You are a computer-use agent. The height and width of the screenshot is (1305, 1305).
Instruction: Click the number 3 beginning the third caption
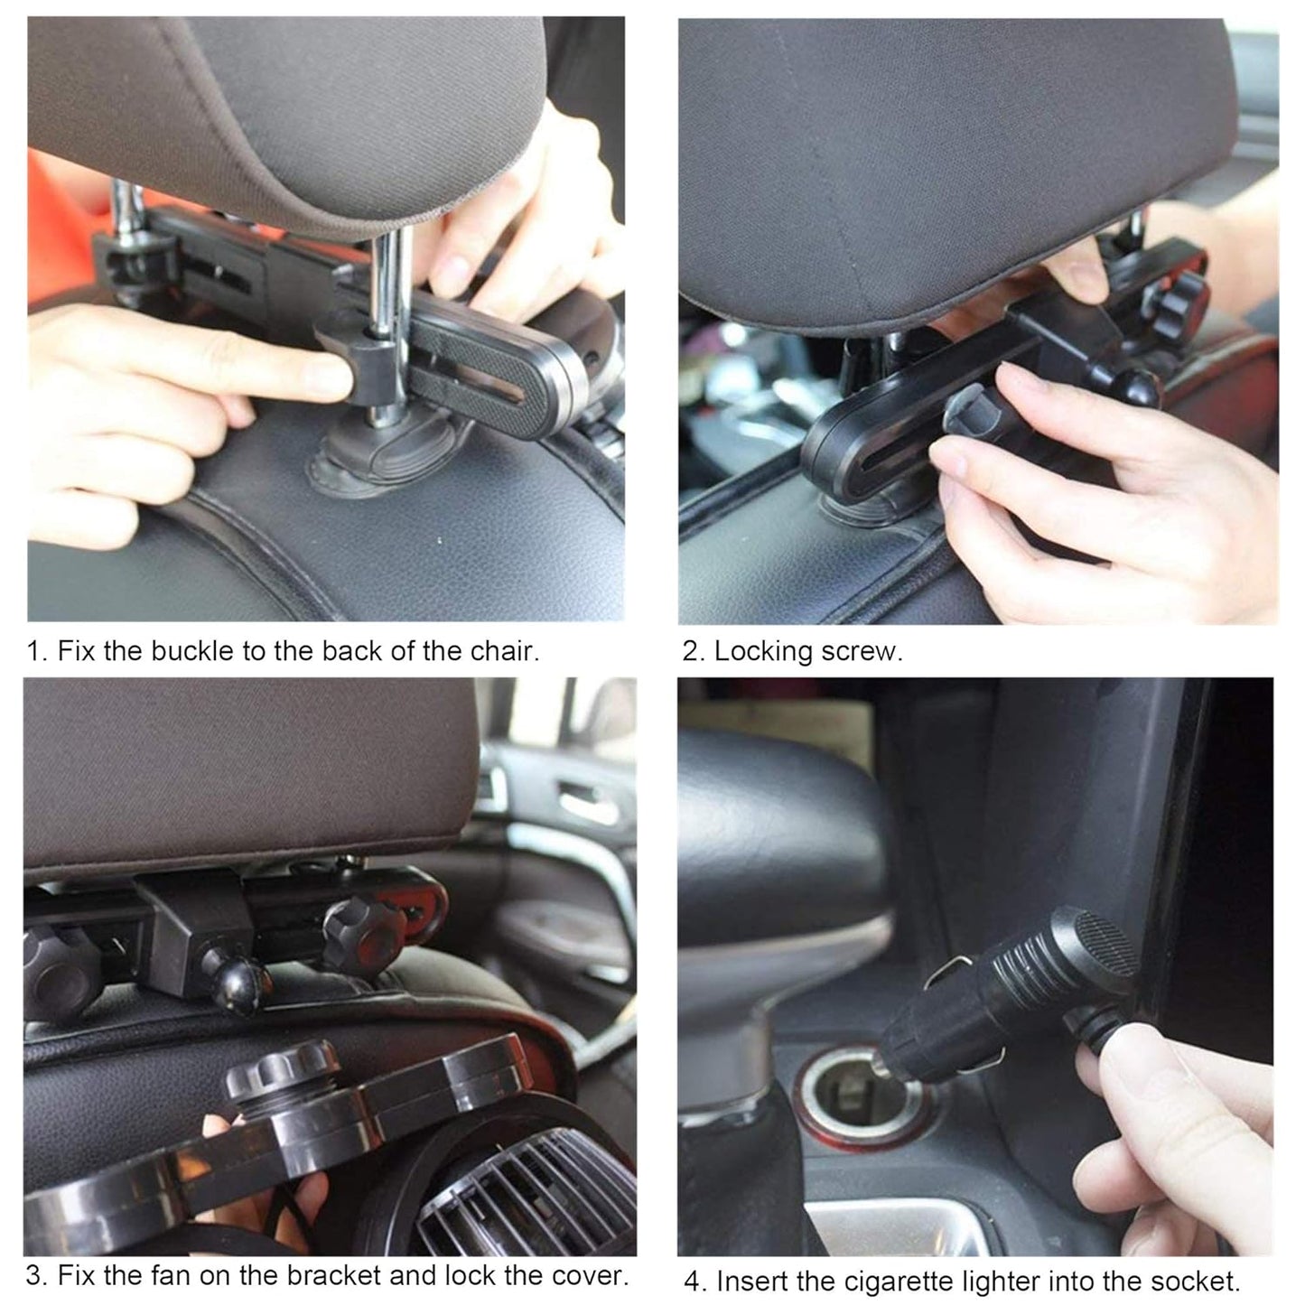pos(34,1276)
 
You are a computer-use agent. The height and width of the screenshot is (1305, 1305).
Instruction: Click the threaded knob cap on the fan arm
pos(281,1070)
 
